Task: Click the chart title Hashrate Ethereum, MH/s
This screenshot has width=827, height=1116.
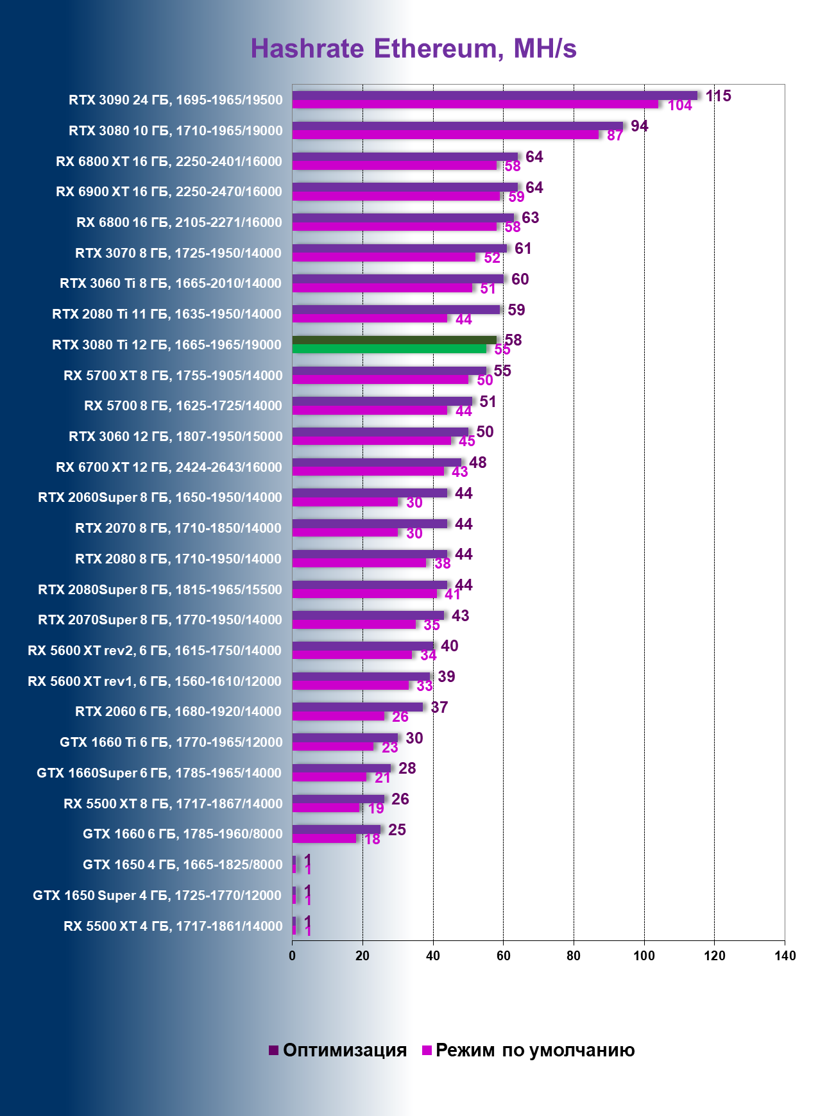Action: click(413, 49)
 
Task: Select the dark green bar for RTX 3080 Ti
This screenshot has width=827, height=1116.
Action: click(394, 340)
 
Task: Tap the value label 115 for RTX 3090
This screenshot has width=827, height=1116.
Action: click(718, 96)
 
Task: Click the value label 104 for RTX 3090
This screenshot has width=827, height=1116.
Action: click(679, 106)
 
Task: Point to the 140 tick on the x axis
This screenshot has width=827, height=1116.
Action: click(785, 956)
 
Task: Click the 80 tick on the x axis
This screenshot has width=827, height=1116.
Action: click(574, 956)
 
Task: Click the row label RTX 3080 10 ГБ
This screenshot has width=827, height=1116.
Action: click(175, 131)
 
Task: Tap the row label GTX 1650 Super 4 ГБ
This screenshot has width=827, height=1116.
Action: click(157, 895)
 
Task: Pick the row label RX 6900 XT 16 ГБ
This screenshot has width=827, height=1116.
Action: click(169, 192)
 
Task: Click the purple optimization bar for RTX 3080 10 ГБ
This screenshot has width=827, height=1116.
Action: click(457, 126)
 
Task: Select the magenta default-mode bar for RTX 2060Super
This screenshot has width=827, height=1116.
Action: click(345, 502)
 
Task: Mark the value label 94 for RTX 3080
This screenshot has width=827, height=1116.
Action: click(639, 126)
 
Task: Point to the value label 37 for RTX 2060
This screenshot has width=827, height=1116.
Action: click(439, 708)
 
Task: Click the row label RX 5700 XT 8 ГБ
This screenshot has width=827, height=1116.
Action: click(173, 376)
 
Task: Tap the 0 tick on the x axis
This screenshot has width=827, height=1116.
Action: click(293, 956)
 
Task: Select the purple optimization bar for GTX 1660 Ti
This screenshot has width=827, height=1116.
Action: click(345, 738)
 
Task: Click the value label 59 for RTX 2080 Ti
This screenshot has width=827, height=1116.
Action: click(516, 310)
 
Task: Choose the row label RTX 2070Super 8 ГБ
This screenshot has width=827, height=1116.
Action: click(160, 620)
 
